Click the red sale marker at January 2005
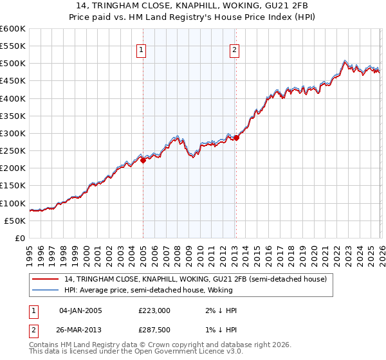(143, 161)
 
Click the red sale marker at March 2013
(236, 138)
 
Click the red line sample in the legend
(46, 280)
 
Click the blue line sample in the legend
(46, 290)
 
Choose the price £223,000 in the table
(154, 310)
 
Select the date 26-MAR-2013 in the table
(83, 330)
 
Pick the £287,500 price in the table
(154, 330)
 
